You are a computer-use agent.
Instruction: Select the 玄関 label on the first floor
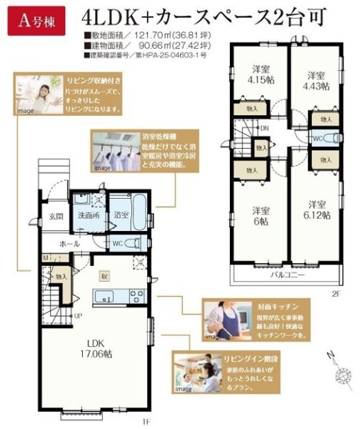coord(56,215)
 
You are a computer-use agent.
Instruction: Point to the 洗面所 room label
coord(89,215)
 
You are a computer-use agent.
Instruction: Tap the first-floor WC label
coord(117,242)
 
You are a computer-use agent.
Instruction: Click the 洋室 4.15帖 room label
coord(259,74)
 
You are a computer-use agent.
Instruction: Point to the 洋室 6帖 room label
coord(260,216)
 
